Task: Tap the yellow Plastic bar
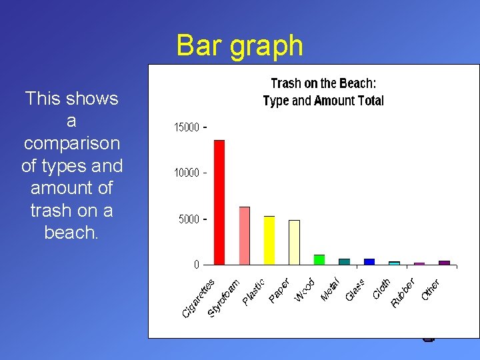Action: click(x=269, y=240)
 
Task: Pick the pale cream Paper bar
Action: click(x=294, y=242)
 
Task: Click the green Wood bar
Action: click(x=319, y=259)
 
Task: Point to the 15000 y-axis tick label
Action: click(x=187, y=127)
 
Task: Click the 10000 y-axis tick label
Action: click(x=187, y=173)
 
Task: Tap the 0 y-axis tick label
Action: click(x=196, y=265)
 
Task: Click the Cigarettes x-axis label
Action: click(x=199, y=297)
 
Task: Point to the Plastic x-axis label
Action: click(x=253, y=292)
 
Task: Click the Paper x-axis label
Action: click(x=279, y=290)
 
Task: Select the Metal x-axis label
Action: click(x=331, y=288)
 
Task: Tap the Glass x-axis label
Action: click(x=355, y=289)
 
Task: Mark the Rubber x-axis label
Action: click(x=403, y=293)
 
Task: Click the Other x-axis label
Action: click(x=430, y=289)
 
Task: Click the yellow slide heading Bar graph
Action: click(x=239, y=46)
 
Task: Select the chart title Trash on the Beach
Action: click(x=323, y=83)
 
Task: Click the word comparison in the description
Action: click(x=71, y=143)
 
